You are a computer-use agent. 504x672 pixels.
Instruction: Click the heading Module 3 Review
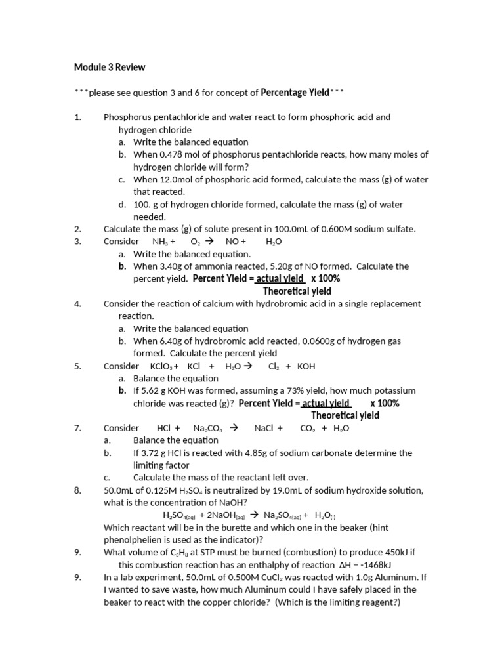110,67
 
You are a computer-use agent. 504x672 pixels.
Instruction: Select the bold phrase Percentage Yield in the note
295,93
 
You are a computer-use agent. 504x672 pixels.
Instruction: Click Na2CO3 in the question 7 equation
208,429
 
